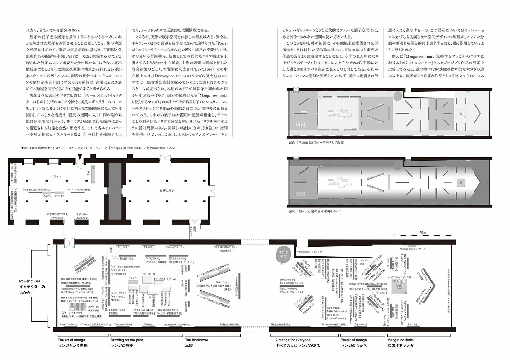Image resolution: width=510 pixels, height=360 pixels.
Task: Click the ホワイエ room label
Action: point(56,176)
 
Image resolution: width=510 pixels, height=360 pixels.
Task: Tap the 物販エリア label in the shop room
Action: point(167,190)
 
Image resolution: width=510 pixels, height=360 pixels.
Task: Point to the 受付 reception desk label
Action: point(88,173)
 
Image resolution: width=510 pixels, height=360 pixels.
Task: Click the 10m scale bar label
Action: point(423,233)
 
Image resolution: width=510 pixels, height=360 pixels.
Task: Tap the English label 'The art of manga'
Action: point(71,340)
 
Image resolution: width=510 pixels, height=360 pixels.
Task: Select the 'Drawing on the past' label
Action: point(126,340)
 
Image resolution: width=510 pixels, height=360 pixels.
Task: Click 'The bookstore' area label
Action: point(197,340)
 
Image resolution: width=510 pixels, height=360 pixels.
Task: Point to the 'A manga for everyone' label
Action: point(292,340)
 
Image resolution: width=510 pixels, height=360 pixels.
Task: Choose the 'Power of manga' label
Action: point(354,340)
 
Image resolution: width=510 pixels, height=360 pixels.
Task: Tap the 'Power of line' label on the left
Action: point(30,281)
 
